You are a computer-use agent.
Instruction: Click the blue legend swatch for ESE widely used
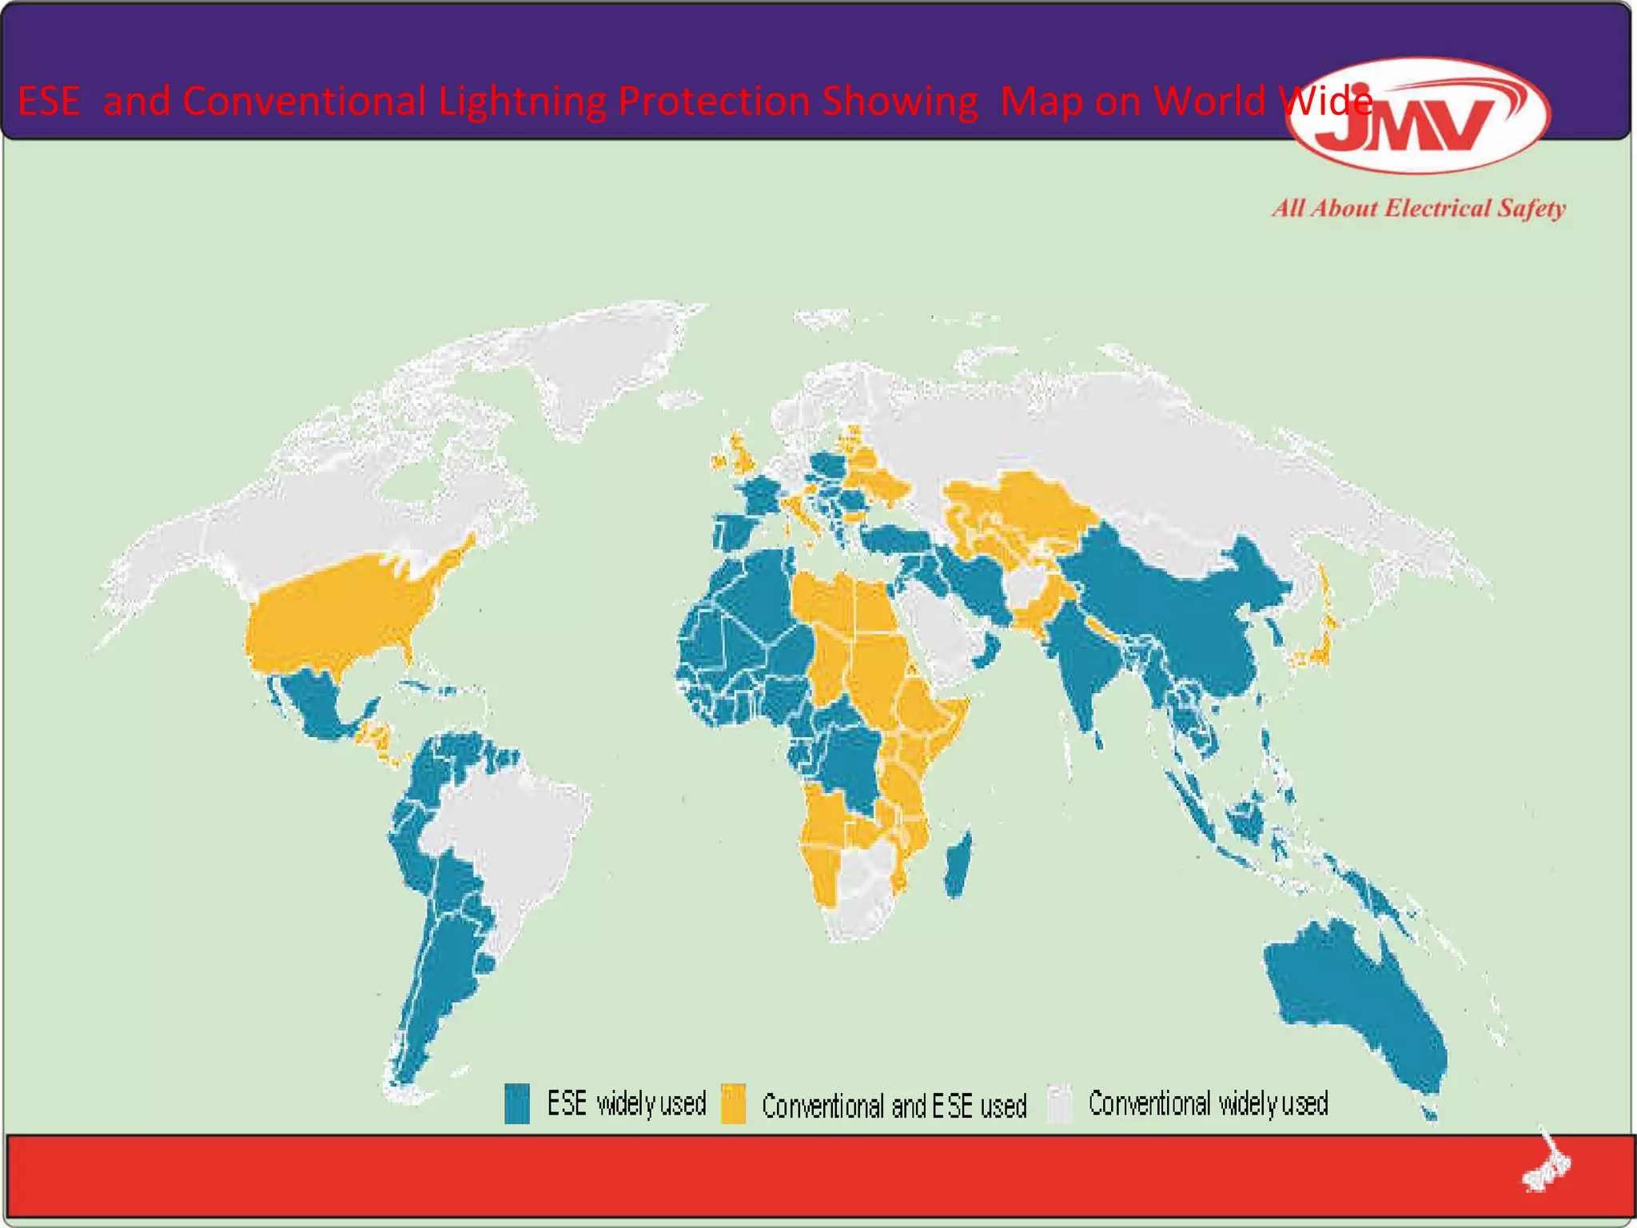click(x=516, y=1104)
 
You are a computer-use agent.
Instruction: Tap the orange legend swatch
click(x=733, y=1104)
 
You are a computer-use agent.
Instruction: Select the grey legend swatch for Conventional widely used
click(x=1060, y=1104)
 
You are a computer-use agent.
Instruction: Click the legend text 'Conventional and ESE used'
click(x=894, y=1106)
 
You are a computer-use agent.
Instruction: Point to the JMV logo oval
click(x=1420, y=116)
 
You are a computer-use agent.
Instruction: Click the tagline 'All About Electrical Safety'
click(x=1419, y=209)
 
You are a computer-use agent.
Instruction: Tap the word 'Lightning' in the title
click(x=522, y=102)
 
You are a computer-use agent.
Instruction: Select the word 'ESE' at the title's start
click(x=49, y=102)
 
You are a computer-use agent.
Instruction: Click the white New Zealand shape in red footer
click(x=1547, y=1163)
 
